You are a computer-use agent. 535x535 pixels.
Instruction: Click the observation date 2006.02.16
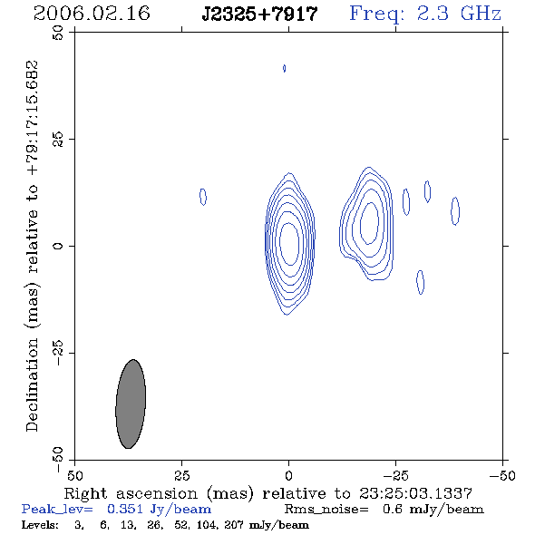(x=92, y=14)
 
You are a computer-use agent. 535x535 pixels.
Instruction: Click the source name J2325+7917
(x=259, y=15)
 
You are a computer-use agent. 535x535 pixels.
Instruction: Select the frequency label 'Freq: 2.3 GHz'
(x=425, y=14)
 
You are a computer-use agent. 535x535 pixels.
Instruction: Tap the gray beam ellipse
(x=131, y=404)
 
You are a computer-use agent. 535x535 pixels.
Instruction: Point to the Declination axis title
(x=32, y=246)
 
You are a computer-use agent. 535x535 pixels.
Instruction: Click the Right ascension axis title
(x=268, y=493)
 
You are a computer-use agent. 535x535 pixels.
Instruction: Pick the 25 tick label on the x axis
(x=181, y=476)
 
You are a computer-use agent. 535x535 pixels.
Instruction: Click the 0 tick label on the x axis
(x=288, y=476)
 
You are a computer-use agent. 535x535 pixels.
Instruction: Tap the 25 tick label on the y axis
(x=58, y=140)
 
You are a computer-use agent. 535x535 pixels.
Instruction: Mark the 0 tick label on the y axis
(x=58, y=246)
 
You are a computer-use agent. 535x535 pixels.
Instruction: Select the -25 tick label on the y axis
(x=58, y=353)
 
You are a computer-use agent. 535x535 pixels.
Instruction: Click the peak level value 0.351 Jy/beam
(x=159, y=510)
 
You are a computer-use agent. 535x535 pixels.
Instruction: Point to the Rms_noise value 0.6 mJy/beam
(x=433, y=510)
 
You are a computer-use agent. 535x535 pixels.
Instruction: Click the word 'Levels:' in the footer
(x=40, y=524)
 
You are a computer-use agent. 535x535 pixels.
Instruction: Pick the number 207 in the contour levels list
(x=234, y=524)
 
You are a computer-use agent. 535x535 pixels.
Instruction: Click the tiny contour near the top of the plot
(x=284, y=68)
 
